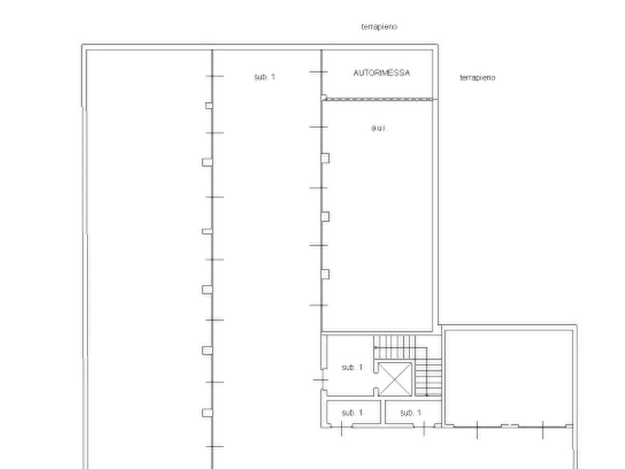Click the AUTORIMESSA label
pos(381,73)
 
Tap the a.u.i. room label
pos(379,128)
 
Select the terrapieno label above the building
pos(379,27)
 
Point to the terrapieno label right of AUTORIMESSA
pos(477,78)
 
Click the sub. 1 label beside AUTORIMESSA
pos(265,76)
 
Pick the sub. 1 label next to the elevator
pos(352,367)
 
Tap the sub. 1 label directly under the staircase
pos(411,413)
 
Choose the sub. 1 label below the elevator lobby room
pos(352,413)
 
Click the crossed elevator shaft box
pos(395,379)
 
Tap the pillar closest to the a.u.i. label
pos(325,158)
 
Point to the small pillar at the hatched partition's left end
pos(323,97)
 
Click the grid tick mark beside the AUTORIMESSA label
pos(318,72)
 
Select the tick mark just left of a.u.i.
pos(318,127)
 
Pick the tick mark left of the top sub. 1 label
pos(214,76)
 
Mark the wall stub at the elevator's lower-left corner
pos(376,391)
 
